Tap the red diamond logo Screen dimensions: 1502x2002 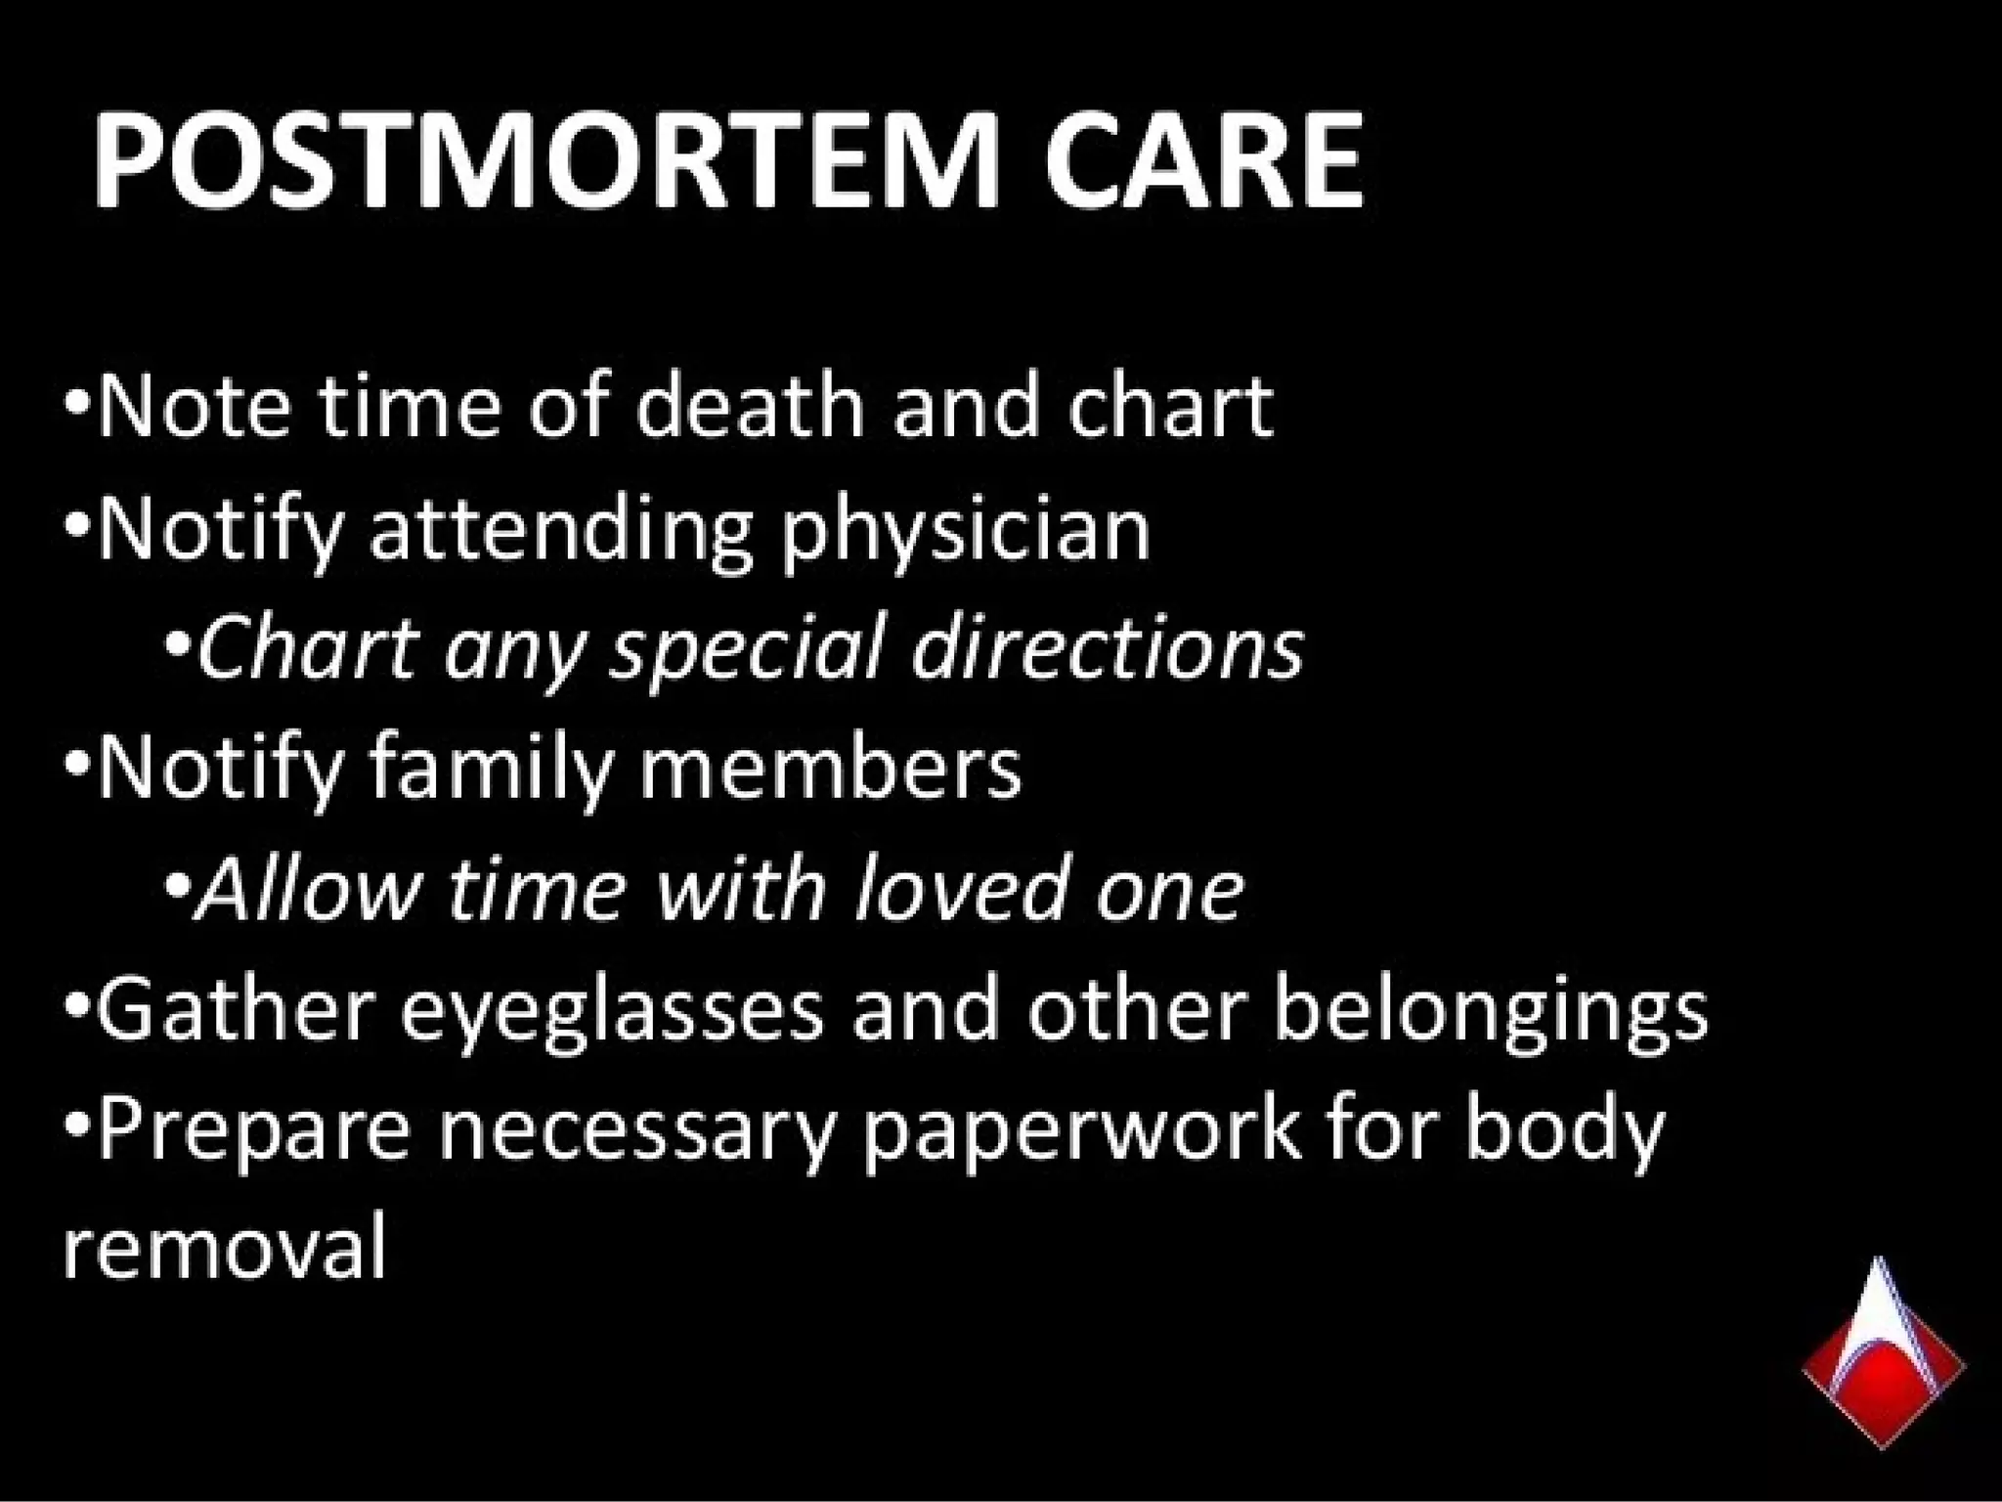(x=1883, y=1365)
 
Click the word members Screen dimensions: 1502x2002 (x=830, y=769)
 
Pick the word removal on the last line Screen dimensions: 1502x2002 (x=225, y=1248)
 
